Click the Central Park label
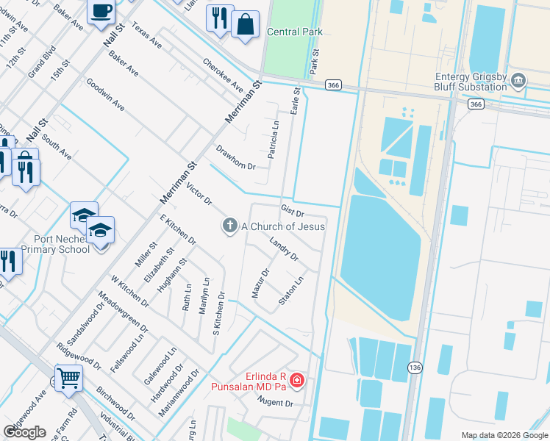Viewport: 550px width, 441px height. point(295,32)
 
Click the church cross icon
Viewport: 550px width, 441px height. point(230,226)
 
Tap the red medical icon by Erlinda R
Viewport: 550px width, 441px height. point(296,380)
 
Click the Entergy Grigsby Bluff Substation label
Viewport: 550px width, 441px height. point(458,82)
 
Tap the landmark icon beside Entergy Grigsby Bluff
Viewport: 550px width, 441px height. point(518,79)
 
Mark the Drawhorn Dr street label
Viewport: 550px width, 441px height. point(235,157)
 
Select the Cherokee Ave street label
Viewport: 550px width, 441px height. point(222,76)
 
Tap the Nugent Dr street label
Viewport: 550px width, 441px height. point(275,402)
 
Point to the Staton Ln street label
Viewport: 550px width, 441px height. point(291,291)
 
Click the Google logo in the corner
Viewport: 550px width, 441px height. point(24,432)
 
